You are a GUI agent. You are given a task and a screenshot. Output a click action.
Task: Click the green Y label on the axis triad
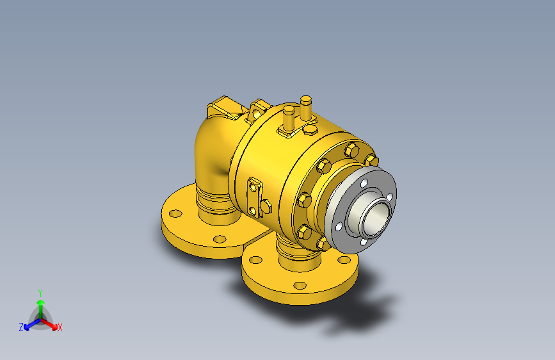click(40, 293)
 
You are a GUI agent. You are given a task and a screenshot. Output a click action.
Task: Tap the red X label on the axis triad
click(60, 327)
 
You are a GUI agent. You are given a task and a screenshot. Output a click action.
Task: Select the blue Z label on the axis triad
click(21, 327)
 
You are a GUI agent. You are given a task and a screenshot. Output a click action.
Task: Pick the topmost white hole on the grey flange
click(364, 183)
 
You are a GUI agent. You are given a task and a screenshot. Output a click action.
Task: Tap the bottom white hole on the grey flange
click(364, 243)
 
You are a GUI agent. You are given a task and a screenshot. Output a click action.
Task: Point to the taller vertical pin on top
click(306, 108)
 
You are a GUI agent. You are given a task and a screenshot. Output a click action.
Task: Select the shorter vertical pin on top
click(289, 117)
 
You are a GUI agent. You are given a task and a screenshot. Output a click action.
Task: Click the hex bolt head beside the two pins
click(310, 130)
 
